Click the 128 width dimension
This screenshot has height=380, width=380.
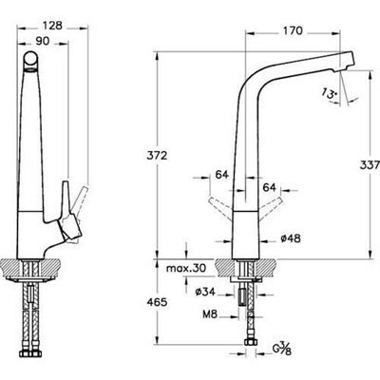(52, 26)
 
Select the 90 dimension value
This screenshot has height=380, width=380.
(42, 41)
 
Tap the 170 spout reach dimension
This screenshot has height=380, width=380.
(293, 30)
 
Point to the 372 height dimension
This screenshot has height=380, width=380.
(157, 156)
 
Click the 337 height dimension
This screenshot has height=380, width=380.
(370, 165)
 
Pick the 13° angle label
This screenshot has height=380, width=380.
(330, 93)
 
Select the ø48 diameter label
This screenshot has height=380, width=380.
(291, 238)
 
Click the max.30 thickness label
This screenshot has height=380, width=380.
(186, 269)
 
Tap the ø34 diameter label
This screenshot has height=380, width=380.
(205, 292)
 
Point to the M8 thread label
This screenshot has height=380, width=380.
(210, 314)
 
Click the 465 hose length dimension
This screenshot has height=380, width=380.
(157, 302)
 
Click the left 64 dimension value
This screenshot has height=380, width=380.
(221, 174)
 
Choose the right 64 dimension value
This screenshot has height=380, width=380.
(270, 187)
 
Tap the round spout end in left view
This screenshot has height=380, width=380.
(30, 59)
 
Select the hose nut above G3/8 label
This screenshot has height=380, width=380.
(250, 342)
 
